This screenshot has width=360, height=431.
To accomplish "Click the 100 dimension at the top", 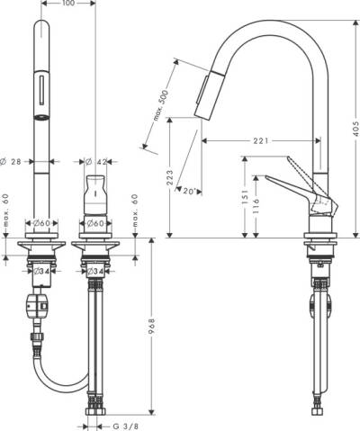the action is [67, 4].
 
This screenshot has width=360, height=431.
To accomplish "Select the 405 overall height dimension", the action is [355, 129].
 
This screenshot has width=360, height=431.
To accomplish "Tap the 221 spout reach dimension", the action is [260, 140].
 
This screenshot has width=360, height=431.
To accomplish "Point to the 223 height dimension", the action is [170, 177].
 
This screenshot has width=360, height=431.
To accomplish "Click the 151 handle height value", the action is [246, 197].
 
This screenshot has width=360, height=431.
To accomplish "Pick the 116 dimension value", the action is [256, 206].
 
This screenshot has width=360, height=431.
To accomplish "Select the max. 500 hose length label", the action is [161, 105].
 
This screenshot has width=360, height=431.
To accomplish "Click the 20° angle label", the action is [190, 191].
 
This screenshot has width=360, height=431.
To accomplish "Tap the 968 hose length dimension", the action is [152, 328].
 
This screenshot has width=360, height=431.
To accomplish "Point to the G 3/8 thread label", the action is [125, 427].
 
